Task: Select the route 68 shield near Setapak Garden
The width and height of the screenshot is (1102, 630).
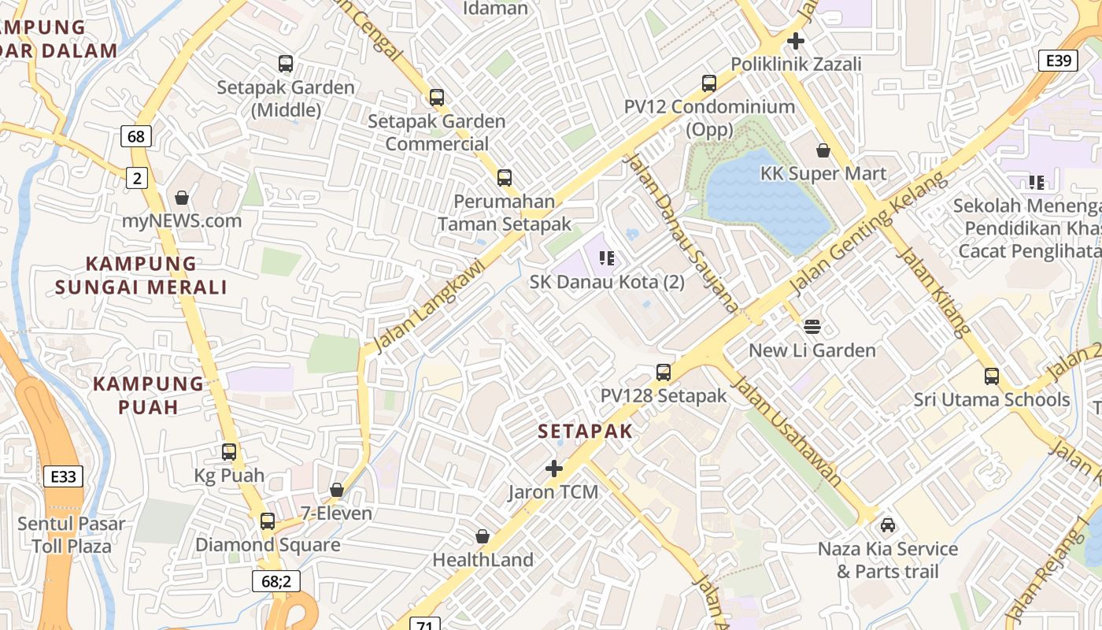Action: (x=135, y=136)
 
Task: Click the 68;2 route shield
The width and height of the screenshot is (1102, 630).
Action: (x=276, y=581)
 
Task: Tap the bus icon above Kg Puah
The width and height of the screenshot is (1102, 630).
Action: (x=229, y=452)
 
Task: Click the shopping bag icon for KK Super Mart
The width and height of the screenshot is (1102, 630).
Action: (x=823, y=150)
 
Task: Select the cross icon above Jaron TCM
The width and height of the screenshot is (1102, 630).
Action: (x=554, y=469)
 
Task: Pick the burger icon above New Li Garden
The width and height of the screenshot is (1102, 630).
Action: (x=812, y=327)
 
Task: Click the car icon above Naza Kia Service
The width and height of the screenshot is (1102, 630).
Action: (x=888, y=525)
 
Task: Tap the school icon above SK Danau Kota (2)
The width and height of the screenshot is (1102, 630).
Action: (x=606, y=258)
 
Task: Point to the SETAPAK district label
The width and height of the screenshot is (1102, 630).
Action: (x=586, y=432)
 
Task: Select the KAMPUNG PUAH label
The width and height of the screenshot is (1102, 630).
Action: (x=148, y=395)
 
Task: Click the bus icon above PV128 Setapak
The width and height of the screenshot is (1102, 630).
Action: (x=664, y=372)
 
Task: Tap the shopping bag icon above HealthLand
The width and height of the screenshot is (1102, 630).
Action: (x=483, y=536)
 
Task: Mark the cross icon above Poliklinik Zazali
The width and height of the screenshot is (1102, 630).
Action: (x=796, y=40)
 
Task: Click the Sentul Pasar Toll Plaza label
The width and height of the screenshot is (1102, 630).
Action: (x=72, y=535)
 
